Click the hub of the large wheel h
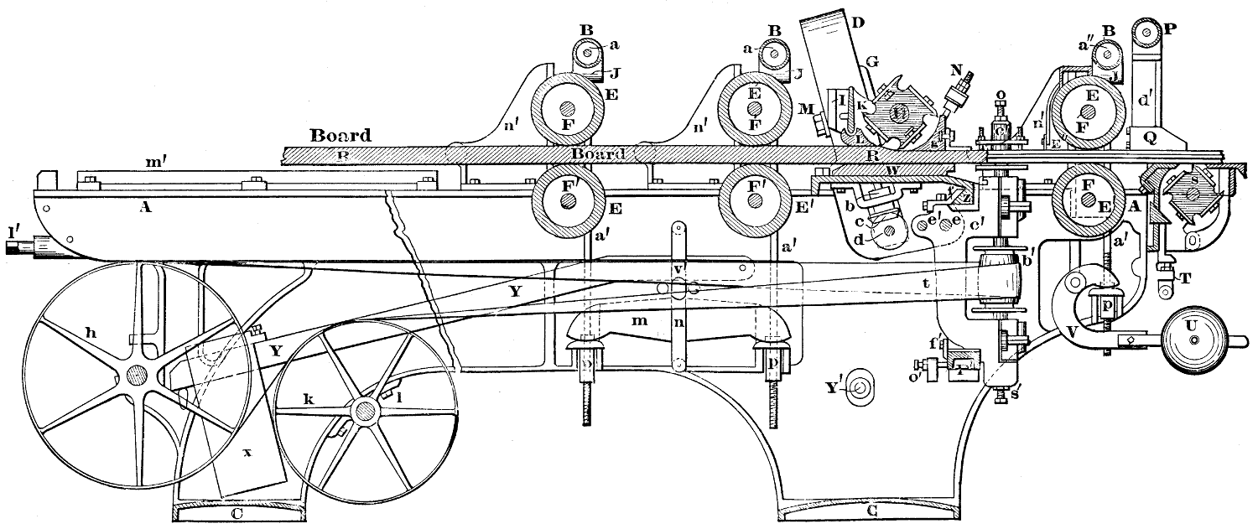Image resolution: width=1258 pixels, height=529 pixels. click(x=134, y=374)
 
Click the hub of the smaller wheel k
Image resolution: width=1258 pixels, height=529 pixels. click(x=365, y=410)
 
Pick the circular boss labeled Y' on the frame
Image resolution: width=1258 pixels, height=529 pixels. click(x=857, y=388)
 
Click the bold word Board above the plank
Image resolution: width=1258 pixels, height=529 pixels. click(x=340, y=134)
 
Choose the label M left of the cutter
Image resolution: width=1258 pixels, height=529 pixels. click(x=805, y=109)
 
